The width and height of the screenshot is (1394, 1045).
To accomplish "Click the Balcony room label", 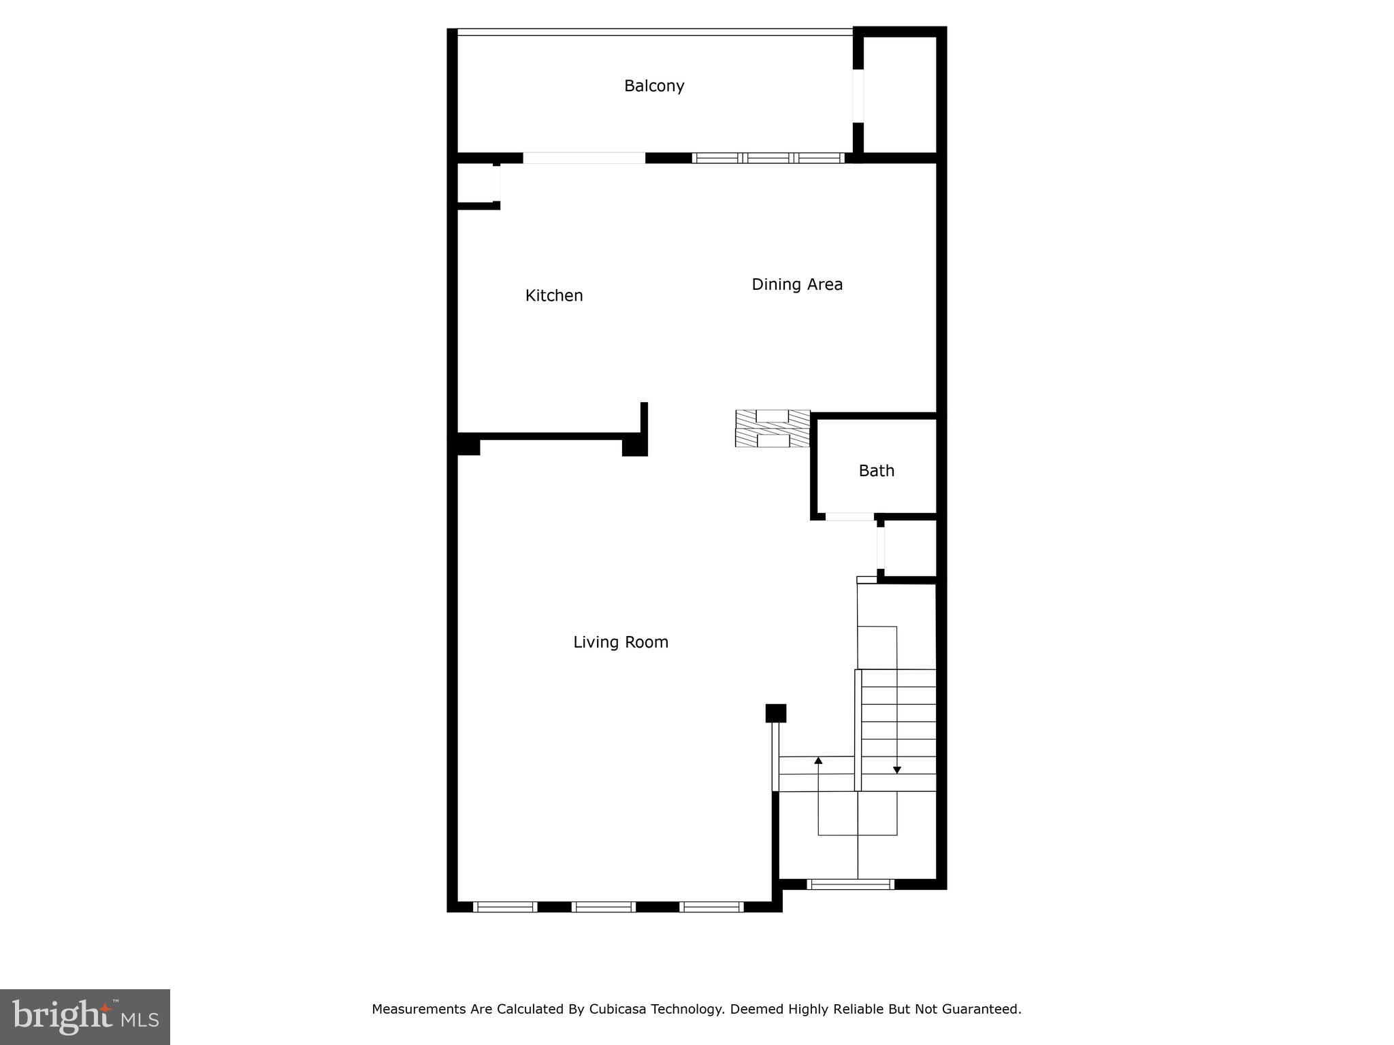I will pyautogui.click(x=653, y=86).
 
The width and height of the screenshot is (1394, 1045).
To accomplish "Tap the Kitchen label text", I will pyautogui.click(x=554, y=295).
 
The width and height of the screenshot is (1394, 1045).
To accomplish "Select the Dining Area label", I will pyautogui.click(x=796, y=284).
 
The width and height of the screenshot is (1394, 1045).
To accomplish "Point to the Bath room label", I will pyautogui.click(x=876, y=471).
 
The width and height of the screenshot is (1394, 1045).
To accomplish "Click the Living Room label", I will pyautogui.click(x=620, y=642).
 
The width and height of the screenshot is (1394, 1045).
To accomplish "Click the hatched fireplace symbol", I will pyautogui.click(x=773, y=429).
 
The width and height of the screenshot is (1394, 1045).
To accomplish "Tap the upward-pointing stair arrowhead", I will pyautogui.click(x=818, y=760).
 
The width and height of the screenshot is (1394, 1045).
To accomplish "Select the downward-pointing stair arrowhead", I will pyautogui.click(x=896, y=770).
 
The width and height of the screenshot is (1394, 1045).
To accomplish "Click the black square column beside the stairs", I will pyautogui.click(x=775, y=713).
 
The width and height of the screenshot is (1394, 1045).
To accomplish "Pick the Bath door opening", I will pyautogui.click(x=849, y=517).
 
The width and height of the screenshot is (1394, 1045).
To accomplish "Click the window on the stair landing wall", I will pyautogui.click(x=850, y=884).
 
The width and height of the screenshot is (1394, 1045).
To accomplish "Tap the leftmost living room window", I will pyautogui.click(x=505, y=906).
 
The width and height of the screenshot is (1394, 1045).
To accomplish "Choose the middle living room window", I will pyautogui.click(x=603, y=906).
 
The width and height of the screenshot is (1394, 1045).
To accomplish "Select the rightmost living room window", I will pyautogui.click(x=711, y=906).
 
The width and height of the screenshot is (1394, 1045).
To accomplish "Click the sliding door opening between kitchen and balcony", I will pyautogui.click(x=583, y=158).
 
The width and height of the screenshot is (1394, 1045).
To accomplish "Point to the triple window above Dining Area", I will pyautogui.click(x=768, y=158).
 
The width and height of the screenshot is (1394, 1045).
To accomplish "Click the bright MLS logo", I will pyautogui.click(x=85, y=1016).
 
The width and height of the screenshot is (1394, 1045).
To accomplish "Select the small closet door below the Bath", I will pyautogui.click(x=881, y=548).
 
